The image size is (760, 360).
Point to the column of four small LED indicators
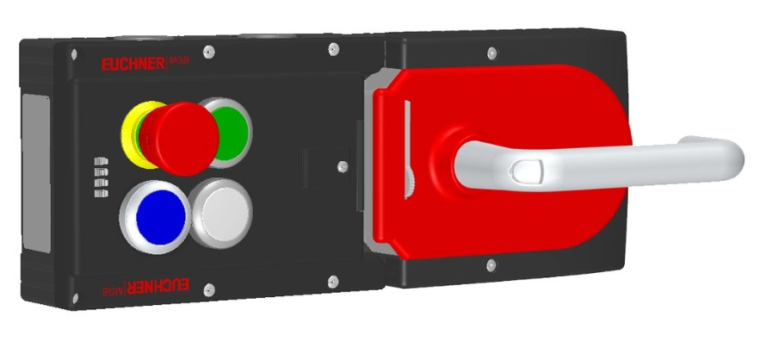tap(101, 177)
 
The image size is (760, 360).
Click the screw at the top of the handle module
tap(490, 53)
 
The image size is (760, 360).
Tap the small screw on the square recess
tap(343, 164)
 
